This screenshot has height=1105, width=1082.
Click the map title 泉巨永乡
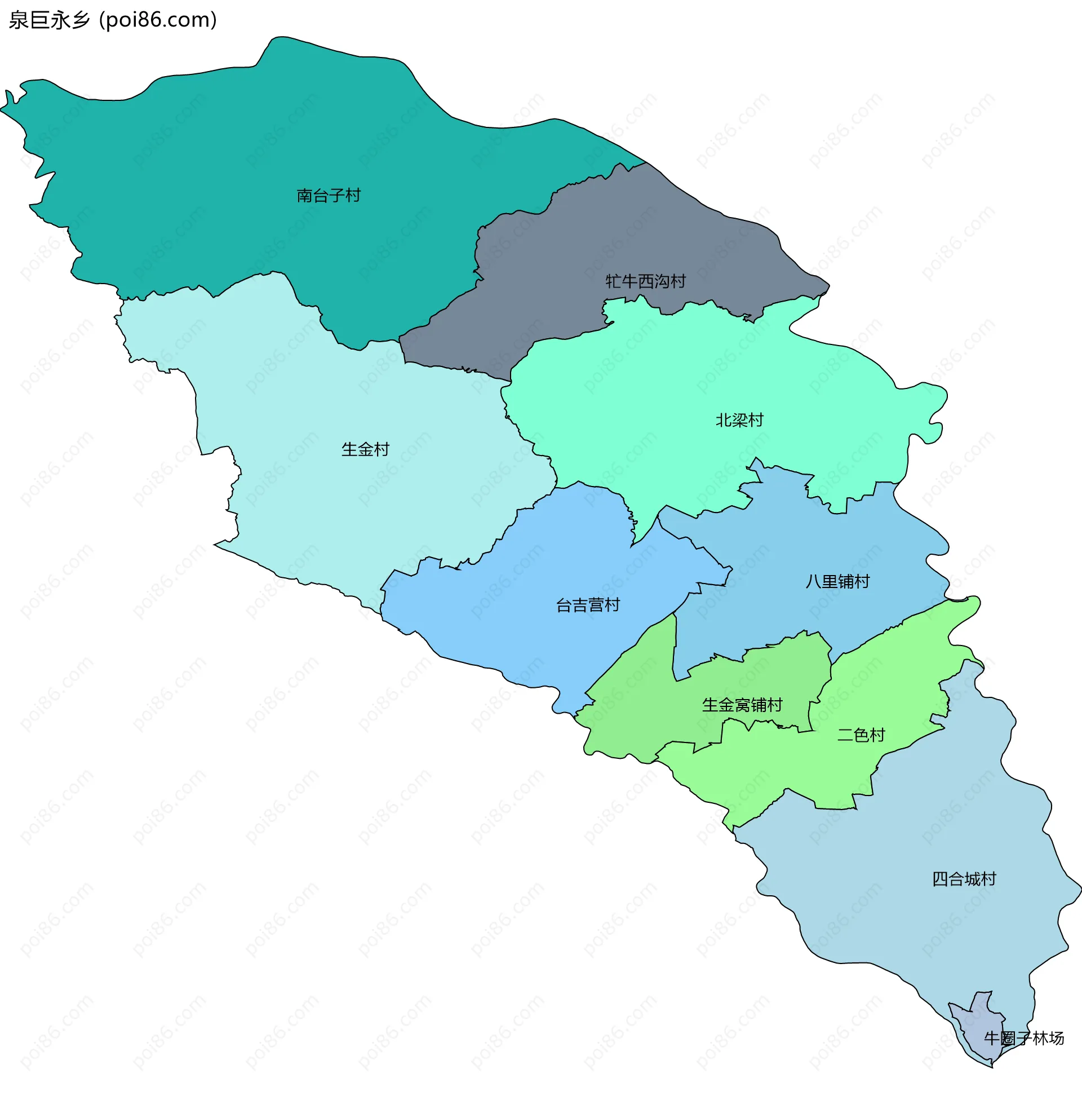(x=50, y=20)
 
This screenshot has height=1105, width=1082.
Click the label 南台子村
(x=329, y=196)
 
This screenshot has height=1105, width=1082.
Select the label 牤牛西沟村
(x=645, y=281)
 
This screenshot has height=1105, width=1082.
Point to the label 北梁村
(x=739, y=420)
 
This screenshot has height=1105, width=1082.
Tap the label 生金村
(x=365, y=450)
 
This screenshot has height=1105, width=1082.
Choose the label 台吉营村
(x=588, y=605)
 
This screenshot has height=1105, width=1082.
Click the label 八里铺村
(x=837, y=581)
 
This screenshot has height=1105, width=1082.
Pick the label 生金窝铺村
(x=742, y=705)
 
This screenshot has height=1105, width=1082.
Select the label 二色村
(x=861, y=735)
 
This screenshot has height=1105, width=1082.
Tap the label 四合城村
(x=964, y=879)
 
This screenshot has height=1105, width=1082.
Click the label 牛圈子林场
(x=1023, y=1038)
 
